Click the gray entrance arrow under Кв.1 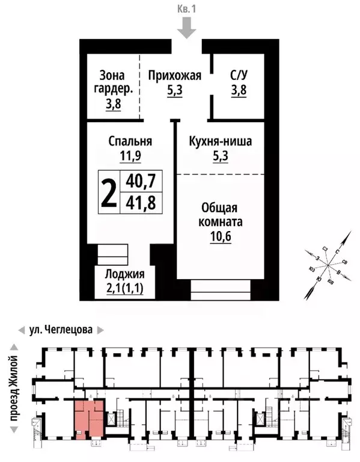(187, 27)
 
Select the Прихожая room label (174, 76)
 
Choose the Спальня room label (130, 141)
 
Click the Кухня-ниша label (220, 141)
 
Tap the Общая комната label (221, 214)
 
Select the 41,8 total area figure (140, 203)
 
